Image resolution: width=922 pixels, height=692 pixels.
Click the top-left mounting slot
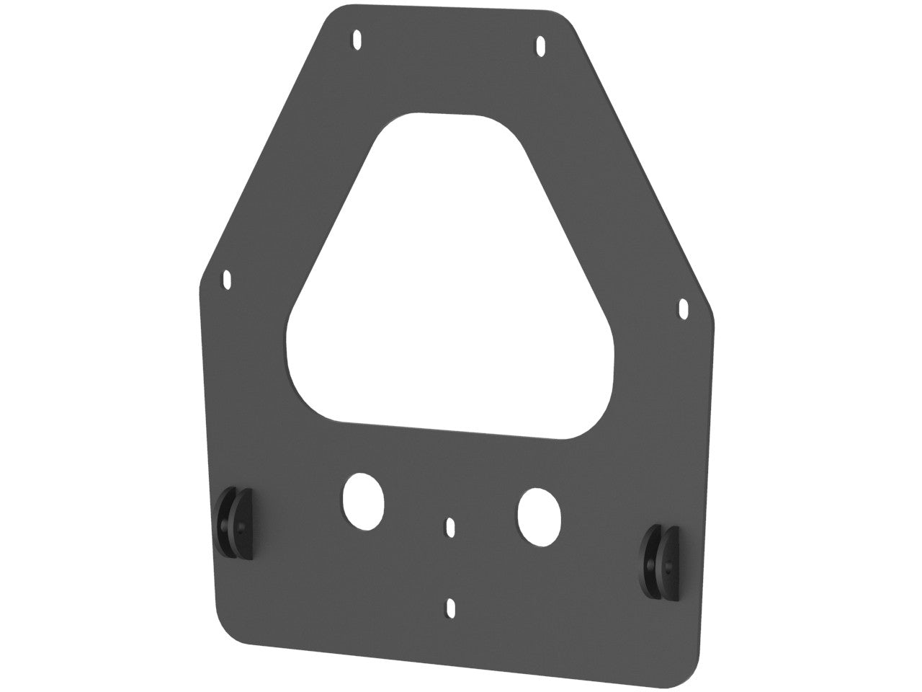tap(357, 41)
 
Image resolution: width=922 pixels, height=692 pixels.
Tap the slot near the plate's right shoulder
tap(683, 309)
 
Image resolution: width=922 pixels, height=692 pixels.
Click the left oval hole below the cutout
tap(362, 500)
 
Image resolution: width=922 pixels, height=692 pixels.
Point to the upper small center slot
tap(451, 527)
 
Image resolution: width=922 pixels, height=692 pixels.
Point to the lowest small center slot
tap(451, 608)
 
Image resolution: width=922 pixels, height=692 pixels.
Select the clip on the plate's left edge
tap(235, 523)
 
